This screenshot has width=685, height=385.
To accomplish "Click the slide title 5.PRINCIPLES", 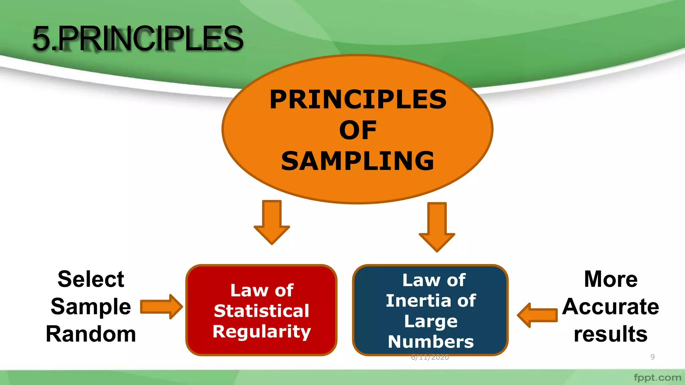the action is [138, 39].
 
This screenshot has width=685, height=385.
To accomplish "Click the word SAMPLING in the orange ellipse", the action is [358, 161].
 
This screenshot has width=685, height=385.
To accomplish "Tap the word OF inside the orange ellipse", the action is [358, 130].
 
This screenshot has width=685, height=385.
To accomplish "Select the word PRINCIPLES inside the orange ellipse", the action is [358, 100].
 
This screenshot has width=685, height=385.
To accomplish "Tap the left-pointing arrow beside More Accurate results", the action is [537, 315].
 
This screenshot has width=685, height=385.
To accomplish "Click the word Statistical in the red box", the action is [262, 311].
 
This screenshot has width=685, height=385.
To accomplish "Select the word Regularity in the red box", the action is [262, 332].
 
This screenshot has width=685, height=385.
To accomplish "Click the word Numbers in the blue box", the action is [431, 342].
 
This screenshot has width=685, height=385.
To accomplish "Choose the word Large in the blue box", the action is [431, 322].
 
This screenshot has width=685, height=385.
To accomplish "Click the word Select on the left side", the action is [91, 279].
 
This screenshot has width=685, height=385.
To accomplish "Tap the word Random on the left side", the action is [91, 334].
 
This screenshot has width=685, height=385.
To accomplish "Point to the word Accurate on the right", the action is [610, 306].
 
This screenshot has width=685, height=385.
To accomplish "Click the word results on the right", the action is [610, 334].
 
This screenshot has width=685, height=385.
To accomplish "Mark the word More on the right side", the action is [610, 279].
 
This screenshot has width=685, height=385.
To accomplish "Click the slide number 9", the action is [652, 357].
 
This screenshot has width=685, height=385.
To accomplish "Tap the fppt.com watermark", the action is [657, 378].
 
